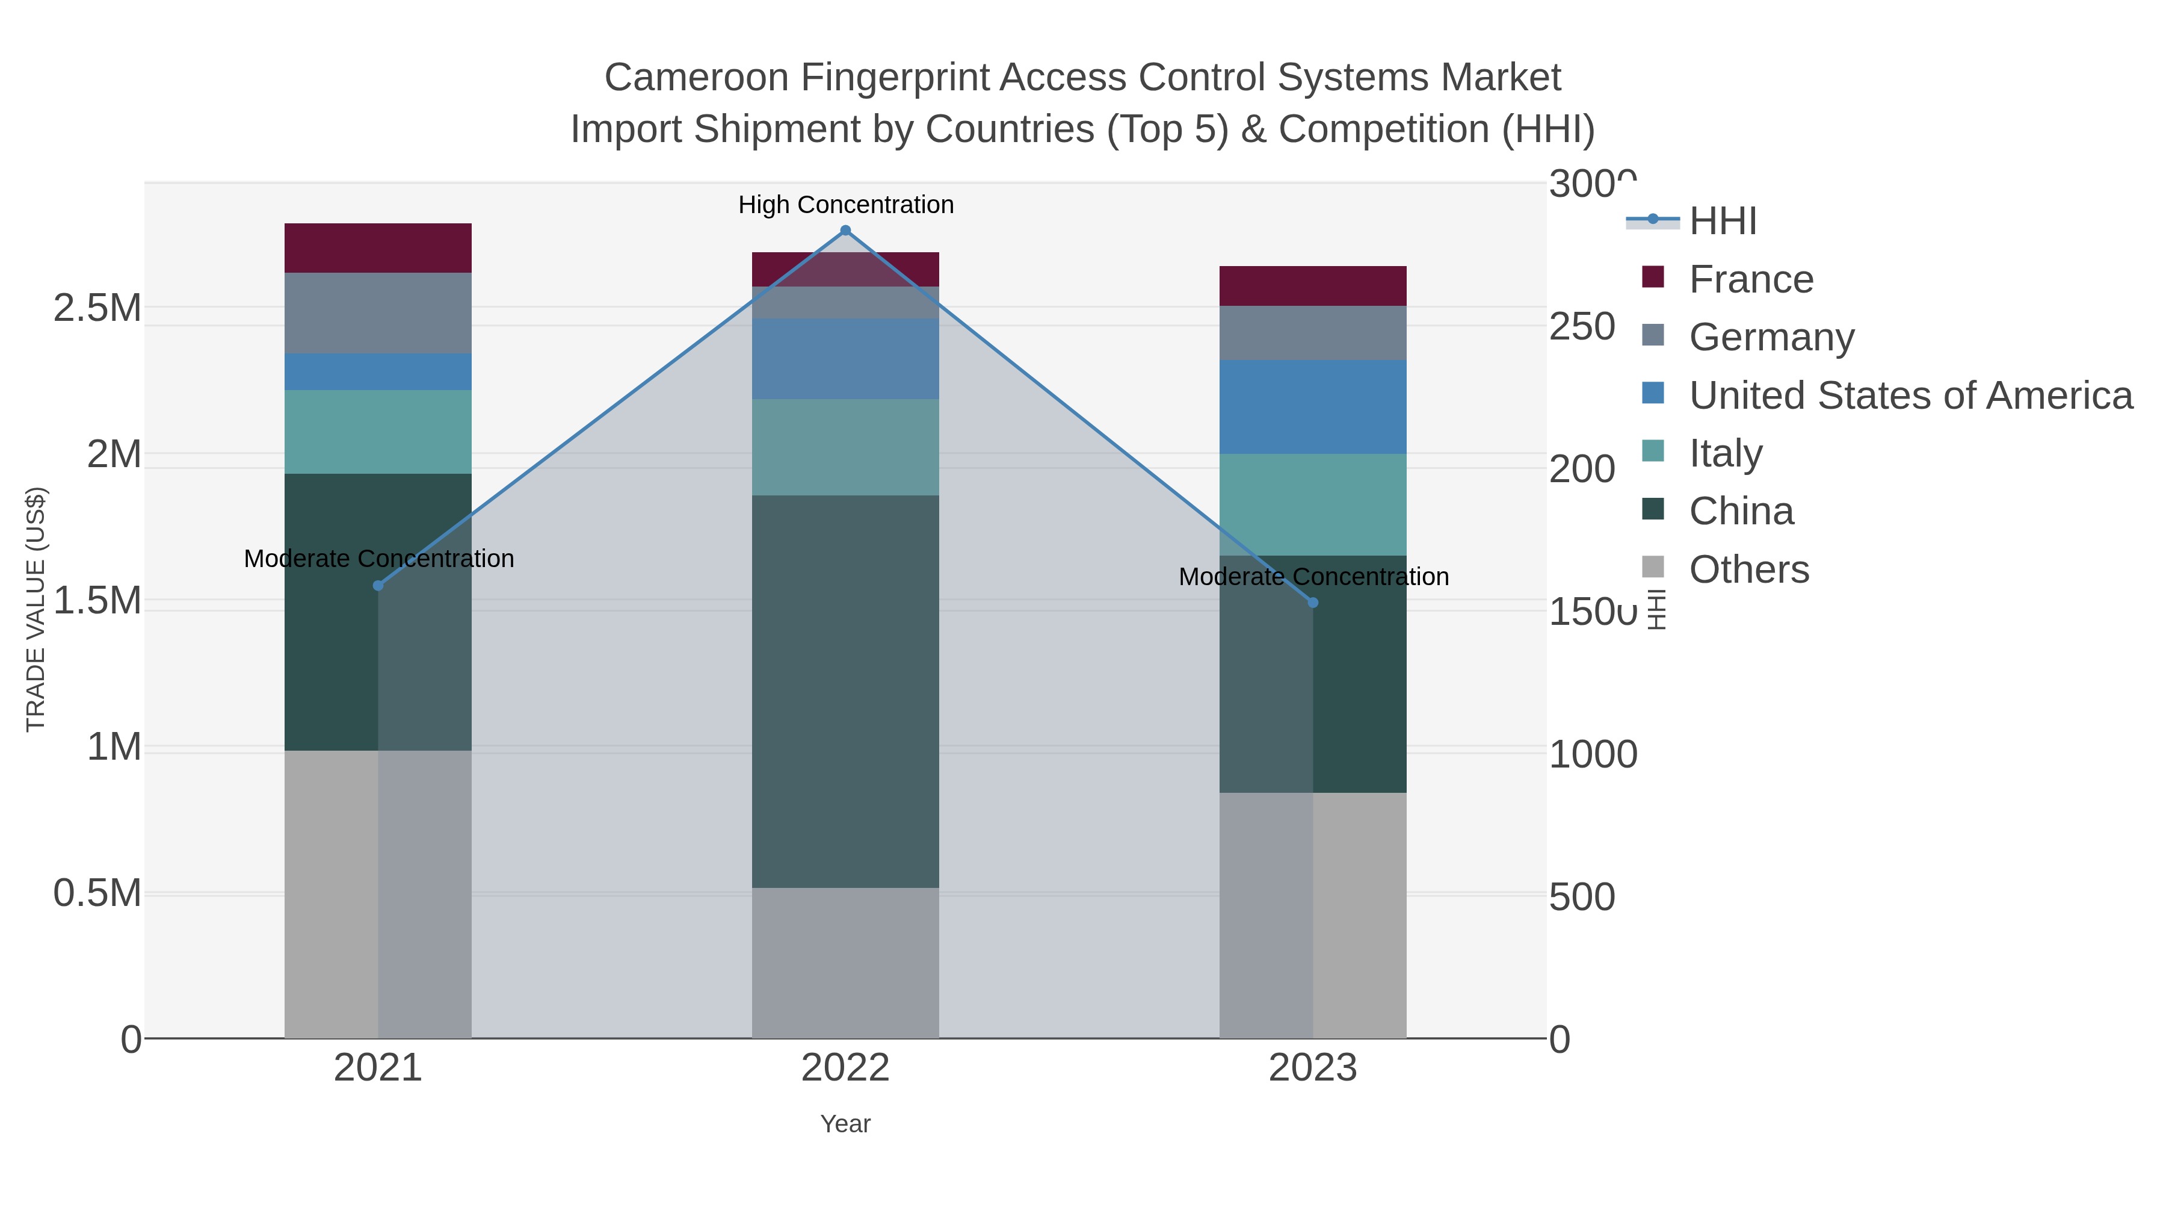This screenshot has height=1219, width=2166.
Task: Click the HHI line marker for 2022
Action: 845,231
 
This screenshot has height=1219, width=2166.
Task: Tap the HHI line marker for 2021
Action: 377,586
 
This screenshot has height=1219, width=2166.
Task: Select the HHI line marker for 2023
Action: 1313,603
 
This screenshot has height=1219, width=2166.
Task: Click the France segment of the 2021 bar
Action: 377,248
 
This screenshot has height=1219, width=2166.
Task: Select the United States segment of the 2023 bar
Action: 1313,407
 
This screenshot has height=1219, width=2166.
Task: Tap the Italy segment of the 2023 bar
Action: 1313,505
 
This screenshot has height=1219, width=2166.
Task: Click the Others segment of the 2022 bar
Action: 845,963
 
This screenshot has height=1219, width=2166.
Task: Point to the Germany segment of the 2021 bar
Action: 377,313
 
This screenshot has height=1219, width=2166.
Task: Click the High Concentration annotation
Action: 845,205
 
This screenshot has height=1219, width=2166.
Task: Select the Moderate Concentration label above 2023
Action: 1313,577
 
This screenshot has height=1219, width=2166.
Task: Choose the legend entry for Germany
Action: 1771,337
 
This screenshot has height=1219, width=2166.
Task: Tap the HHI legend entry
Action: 1722,222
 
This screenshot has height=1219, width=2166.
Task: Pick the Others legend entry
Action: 1748,569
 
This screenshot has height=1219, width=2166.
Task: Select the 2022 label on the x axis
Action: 845,1069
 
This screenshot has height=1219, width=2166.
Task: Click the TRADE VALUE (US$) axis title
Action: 36,609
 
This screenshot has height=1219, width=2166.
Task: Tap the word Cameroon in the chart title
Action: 696,78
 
